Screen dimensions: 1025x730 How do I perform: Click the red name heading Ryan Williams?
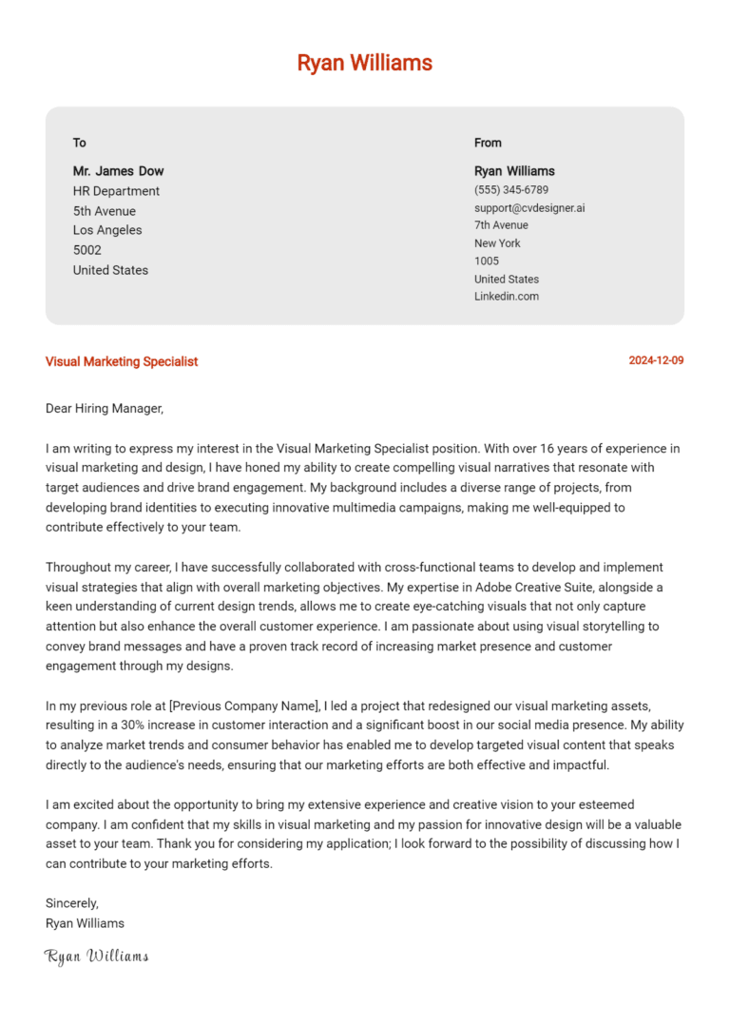tap(364, 63)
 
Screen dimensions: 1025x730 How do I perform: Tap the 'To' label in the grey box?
tap(80, 143)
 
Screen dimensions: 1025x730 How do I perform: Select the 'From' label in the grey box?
tap(488, 143)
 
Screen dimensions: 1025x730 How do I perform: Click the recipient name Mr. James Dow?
tap(118, 171)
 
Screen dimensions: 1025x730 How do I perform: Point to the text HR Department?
tap(116, 191)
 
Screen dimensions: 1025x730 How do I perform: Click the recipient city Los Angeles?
tap(107, 230)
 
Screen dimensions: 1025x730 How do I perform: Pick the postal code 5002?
tap(87, 250)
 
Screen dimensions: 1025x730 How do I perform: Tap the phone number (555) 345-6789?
tap(511, 190)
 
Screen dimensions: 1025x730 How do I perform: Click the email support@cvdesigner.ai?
tap(529, 207)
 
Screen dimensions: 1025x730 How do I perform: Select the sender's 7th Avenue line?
tap(501, 225)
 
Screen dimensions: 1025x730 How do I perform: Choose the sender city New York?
tap(497, 243)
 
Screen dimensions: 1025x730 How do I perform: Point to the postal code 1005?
tap(487, 261)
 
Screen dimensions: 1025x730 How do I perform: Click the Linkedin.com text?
tap(507, 297)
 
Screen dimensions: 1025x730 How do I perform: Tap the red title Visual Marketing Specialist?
tap(122, 361)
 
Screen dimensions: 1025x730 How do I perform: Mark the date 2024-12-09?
tap(656, 361)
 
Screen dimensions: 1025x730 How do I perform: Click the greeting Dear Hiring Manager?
tap(105, 409)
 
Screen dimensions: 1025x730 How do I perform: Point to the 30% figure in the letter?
tap(133, 725)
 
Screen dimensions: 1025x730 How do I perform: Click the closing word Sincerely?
tap(72, 903)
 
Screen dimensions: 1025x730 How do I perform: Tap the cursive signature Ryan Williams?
tap(96, 956)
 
